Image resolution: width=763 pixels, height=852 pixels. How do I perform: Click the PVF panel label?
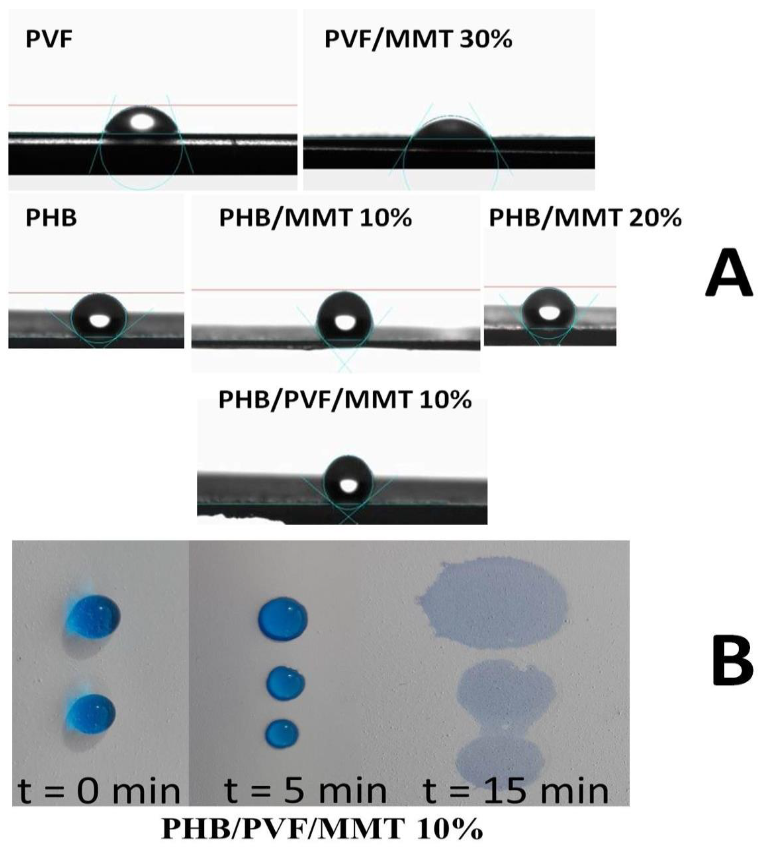click(49, 40)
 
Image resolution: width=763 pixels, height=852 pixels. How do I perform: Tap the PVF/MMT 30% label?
click(418, 40)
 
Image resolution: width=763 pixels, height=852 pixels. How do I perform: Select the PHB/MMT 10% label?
click(315, 218)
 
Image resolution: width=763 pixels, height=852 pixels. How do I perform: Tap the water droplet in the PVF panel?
click(143, 124)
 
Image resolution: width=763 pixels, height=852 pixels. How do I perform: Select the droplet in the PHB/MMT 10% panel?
click(345, 316)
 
